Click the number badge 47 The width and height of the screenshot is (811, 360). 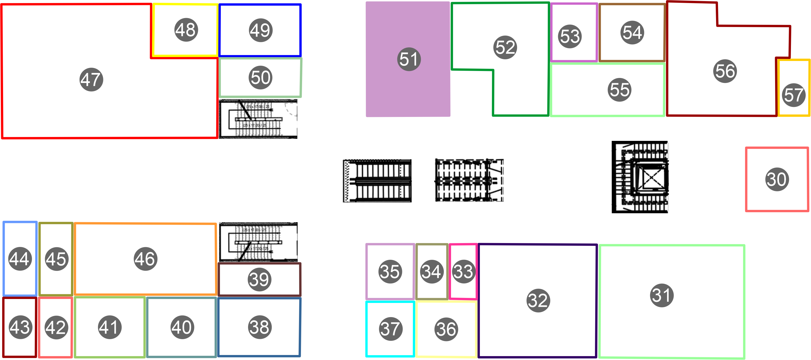(91, 79)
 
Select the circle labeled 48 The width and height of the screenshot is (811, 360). (186, 30)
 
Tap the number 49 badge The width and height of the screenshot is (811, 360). (261, 30)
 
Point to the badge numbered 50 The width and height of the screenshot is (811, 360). (260, 77)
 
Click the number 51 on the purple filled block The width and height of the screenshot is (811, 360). (409, 59)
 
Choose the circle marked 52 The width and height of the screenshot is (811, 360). (505, 47)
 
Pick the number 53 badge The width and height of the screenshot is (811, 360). (570, 36)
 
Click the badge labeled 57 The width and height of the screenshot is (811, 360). (793, 95)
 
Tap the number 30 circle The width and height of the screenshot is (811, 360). (777, 179)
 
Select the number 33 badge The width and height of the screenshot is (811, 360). (463, 271)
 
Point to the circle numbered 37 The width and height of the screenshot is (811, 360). (390, 329)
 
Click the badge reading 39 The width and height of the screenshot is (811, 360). (259, 279)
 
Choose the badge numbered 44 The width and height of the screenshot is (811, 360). (20, 259)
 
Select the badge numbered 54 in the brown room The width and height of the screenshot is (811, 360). (632, 33)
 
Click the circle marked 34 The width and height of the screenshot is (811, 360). (431, 271)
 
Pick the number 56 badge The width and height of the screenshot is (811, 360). (725, 71)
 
